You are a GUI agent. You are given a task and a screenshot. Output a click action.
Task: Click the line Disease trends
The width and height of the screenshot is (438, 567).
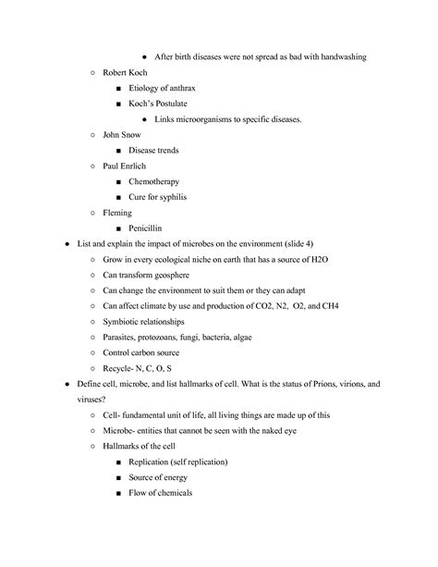(153, 151)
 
